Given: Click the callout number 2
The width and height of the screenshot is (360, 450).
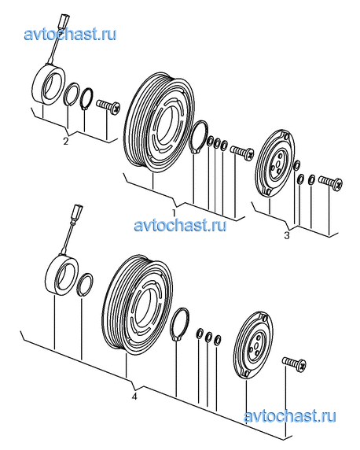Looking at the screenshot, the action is pos(66,141).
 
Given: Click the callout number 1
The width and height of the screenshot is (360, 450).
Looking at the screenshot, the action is pos(174,212).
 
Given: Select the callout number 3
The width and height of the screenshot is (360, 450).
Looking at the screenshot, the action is pos(287,235).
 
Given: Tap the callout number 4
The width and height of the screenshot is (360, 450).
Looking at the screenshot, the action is pos(134,397).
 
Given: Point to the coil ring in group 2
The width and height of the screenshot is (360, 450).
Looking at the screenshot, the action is pos(48,85).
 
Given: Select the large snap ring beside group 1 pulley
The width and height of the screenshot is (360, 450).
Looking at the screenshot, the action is pos(200,137).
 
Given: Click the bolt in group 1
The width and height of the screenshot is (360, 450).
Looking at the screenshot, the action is pos(242,152).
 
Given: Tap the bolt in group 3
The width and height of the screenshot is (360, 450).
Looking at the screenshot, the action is pos(330,182).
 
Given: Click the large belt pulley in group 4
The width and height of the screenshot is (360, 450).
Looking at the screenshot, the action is pos(137,305).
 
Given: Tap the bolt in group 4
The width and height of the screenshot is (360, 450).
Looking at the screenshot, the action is pos(294,364).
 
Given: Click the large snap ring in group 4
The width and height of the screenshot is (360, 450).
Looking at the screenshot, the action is pos(179,324).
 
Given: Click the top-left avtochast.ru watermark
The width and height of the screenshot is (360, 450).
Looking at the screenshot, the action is pos(70,35).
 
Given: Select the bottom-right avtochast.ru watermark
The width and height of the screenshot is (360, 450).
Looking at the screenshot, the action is pos(290,416).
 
